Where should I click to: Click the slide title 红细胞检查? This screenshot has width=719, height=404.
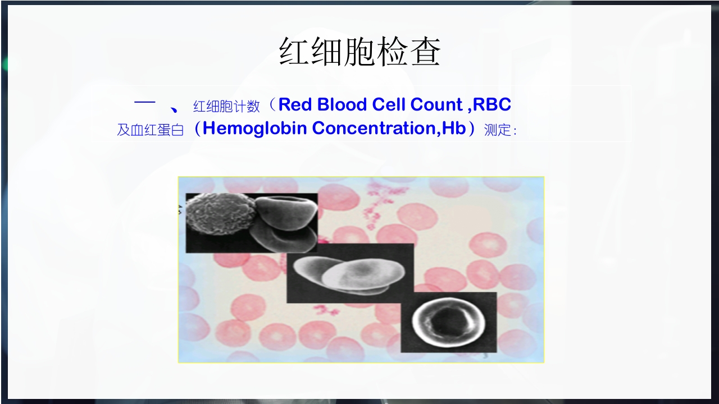click(x=359, y=53)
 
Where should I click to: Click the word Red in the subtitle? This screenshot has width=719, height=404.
click(x=295, y=105)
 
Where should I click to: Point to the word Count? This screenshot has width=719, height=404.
click(x=436, y=105)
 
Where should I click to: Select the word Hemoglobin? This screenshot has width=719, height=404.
click(x=254, y=128)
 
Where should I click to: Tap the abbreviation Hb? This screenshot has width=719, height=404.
click(x=454, y=128)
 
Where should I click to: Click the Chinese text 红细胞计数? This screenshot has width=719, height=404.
click(x=226, y=106)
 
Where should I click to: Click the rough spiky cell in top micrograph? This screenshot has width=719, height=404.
click(x=220, y=216)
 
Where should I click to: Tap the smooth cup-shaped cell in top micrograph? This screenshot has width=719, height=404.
click(x=285, y=220)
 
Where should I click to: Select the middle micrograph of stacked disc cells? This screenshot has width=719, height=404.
click(x=349, y=273)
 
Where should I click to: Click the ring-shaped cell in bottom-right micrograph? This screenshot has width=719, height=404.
click(x=448, y=322)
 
